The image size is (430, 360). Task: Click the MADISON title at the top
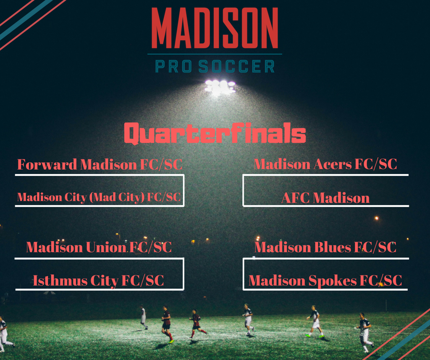(x=215, y=28)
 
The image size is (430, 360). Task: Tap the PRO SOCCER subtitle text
(x=215, y=67)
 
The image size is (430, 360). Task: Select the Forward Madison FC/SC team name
(x=100, y=164)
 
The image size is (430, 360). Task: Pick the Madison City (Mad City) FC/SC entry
(x=99, y=197)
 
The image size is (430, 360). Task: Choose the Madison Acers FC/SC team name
(x=325, y=164)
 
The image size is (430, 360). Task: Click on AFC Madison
(x=325, y=198)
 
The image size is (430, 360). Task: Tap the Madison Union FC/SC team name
(x=99, y=247)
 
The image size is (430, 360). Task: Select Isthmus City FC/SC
(x=98, y=281)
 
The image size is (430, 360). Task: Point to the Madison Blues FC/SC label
(x=325, y=247)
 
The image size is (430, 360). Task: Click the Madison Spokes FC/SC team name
(x=325, y=281)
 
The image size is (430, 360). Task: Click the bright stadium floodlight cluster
(x=220, y=87)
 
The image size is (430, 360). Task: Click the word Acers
(x=333, y=164)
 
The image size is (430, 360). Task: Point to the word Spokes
(x=333, y=281)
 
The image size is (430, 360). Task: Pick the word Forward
(x=47, y=164)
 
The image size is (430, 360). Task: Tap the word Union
(x=106, y=247)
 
